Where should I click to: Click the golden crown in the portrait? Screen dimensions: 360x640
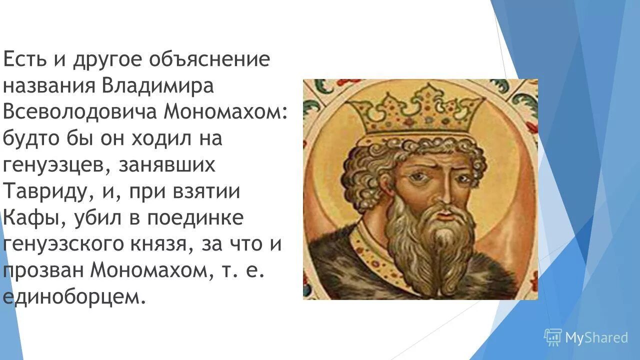point(414,110)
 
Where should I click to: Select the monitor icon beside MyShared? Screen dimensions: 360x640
point(553,337)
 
